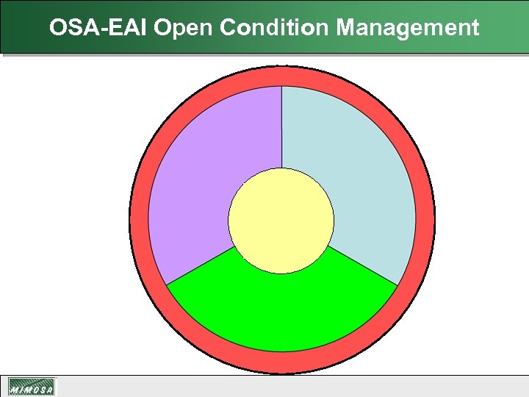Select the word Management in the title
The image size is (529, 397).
click(x=408, y=28)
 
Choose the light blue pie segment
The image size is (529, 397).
click(x=360, y=176)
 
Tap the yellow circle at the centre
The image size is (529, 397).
click(x=281, y=221)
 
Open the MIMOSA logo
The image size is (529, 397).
click(x=32, y=387)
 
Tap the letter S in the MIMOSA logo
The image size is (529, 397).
click(x=41, y=390)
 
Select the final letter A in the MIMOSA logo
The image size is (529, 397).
click(x=49, y=390)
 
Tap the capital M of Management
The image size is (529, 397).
click(x=346, y=28)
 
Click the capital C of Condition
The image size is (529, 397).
click(x=228, y=28)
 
